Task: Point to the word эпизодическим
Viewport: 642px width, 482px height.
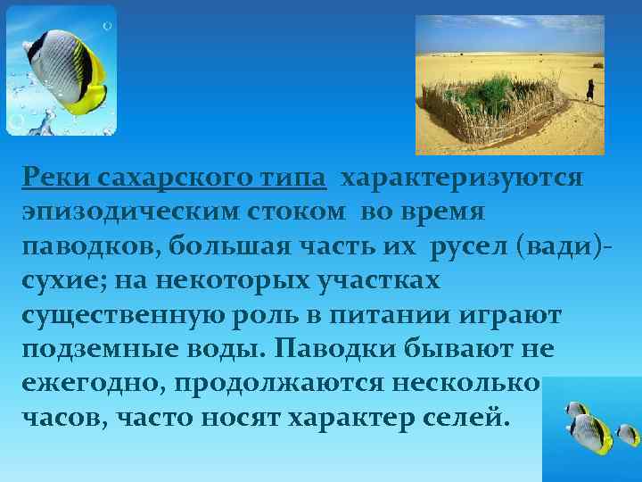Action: coord(129,212)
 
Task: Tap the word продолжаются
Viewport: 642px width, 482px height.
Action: coord(276,383)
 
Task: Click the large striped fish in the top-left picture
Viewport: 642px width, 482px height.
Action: coord(63,71)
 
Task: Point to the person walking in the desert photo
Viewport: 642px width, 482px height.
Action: coord(589,89)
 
